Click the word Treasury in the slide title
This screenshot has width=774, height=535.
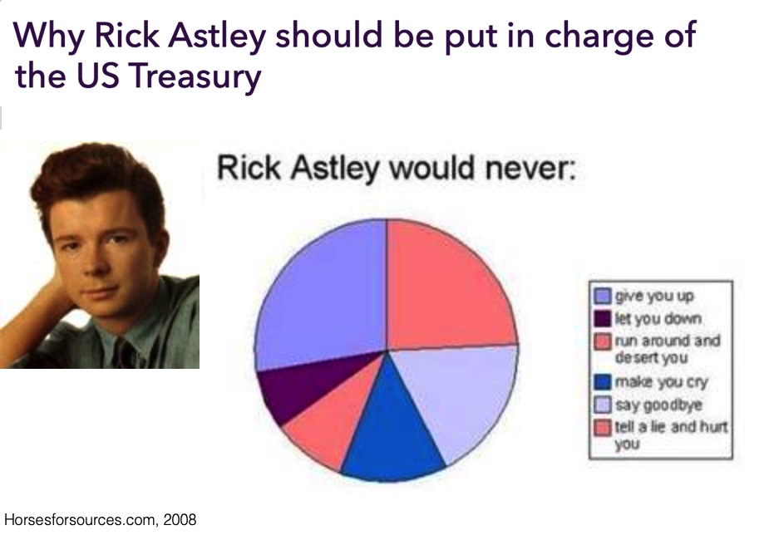(x=195, y=76)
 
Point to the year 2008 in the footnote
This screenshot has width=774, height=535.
(x=180, y=520)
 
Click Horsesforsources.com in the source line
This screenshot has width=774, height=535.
(x=81, y=520)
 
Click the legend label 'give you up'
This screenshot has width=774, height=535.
(x=654, y=296)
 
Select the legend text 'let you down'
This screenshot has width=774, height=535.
(x=658, y=318)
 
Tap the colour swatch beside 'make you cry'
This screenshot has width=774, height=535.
(x=602, y=382)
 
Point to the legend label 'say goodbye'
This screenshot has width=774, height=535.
(x=658, y=405)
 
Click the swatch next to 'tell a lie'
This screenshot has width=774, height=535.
(x=602, y=428)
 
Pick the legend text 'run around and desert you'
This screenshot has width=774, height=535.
(x=668, y=349)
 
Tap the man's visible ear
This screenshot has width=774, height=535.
(x=159, y=247)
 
